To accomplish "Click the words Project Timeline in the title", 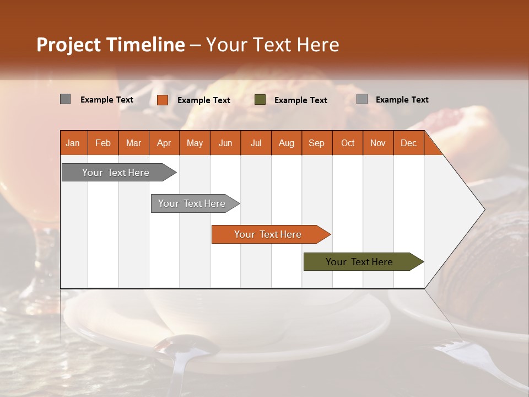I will click(110, 45).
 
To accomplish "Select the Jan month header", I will click(73, 143).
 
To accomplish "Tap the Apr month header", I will click(164, 143).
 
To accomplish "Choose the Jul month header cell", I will click(256, 143).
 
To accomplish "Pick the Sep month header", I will click(316, 143).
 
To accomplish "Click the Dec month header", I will click(408, 143).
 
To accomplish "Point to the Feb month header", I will click(103, 143).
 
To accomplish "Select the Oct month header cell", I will click(348, 143).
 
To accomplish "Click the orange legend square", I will click(163, 100).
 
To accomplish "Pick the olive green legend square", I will click(260, 100).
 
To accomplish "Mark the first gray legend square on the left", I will click(66, 99).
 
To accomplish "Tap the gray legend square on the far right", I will click(362, 99).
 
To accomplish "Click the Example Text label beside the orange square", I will click(204, 100).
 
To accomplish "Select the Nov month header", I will click(378, 143).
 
